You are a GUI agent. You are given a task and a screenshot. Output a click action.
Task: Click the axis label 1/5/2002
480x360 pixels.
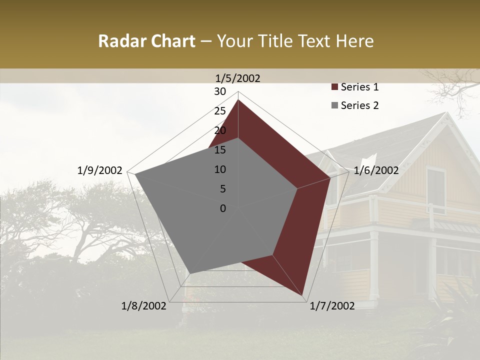click(x=237, y=78)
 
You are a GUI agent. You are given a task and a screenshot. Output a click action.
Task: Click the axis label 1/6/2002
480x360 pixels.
click(x=376, y=170)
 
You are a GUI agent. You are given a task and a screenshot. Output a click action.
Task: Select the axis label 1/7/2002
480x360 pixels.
click(x=332, y=306)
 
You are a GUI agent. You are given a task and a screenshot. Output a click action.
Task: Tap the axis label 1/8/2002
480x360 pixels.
click(x=143, y=306)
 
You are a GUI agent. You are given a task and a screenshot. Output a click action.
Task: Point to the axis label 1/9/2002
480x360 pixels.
click(x=99, y=170)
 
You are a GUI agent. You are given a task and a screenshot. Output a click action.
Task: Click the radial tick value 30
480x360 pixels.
click(x=220, y=91)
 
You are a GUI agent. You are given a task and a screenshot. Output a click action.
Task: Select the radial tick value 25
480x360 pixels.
click(x=220, y=111)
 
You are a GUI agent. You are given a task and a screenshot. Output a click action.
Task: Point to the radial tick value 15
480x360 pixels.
click(x=220, y=150)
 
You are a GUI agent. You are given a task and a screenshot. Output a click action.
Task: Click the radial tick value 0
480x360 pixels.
click(x=223, y=208)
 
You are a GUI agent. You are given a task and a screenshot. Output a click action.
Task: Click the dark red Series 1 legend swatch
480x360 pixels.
click(x=334, y=87)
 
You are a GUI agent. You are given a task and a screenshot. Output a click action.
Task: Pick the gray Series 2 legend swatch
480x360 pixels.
click(x=334, y=105)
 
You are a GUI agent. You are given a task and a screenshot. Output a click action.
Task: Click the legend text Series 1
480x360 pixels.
click(x=359, y=87)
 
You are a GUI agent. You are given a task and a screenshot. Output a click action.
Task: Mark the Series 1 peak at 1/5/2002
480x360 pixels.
click(x=238, y=100)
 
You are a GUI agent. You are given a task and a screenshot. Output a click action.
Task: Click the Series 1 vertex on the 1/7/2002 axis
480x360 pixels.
click(x=303, y=296)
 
